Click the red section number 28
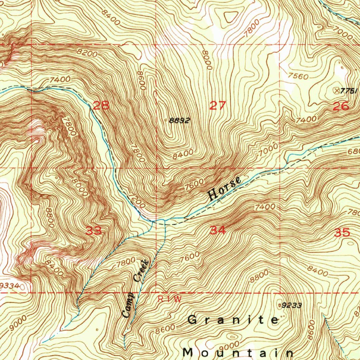[101, 105]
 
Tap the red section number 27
[217, 105]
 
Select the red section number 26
[341, 106]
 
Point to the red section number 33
[94, 231]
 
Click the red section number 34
[218, 231]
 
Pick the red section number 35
[342, 232]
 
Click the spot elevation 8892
[179, 121]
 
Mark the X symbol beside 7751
[337, 90]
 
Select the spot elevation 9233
[292, 306]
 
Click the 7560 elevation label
[298, 76]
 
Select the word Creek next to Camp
[142, 270]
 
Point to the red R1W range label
[169, 299]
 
